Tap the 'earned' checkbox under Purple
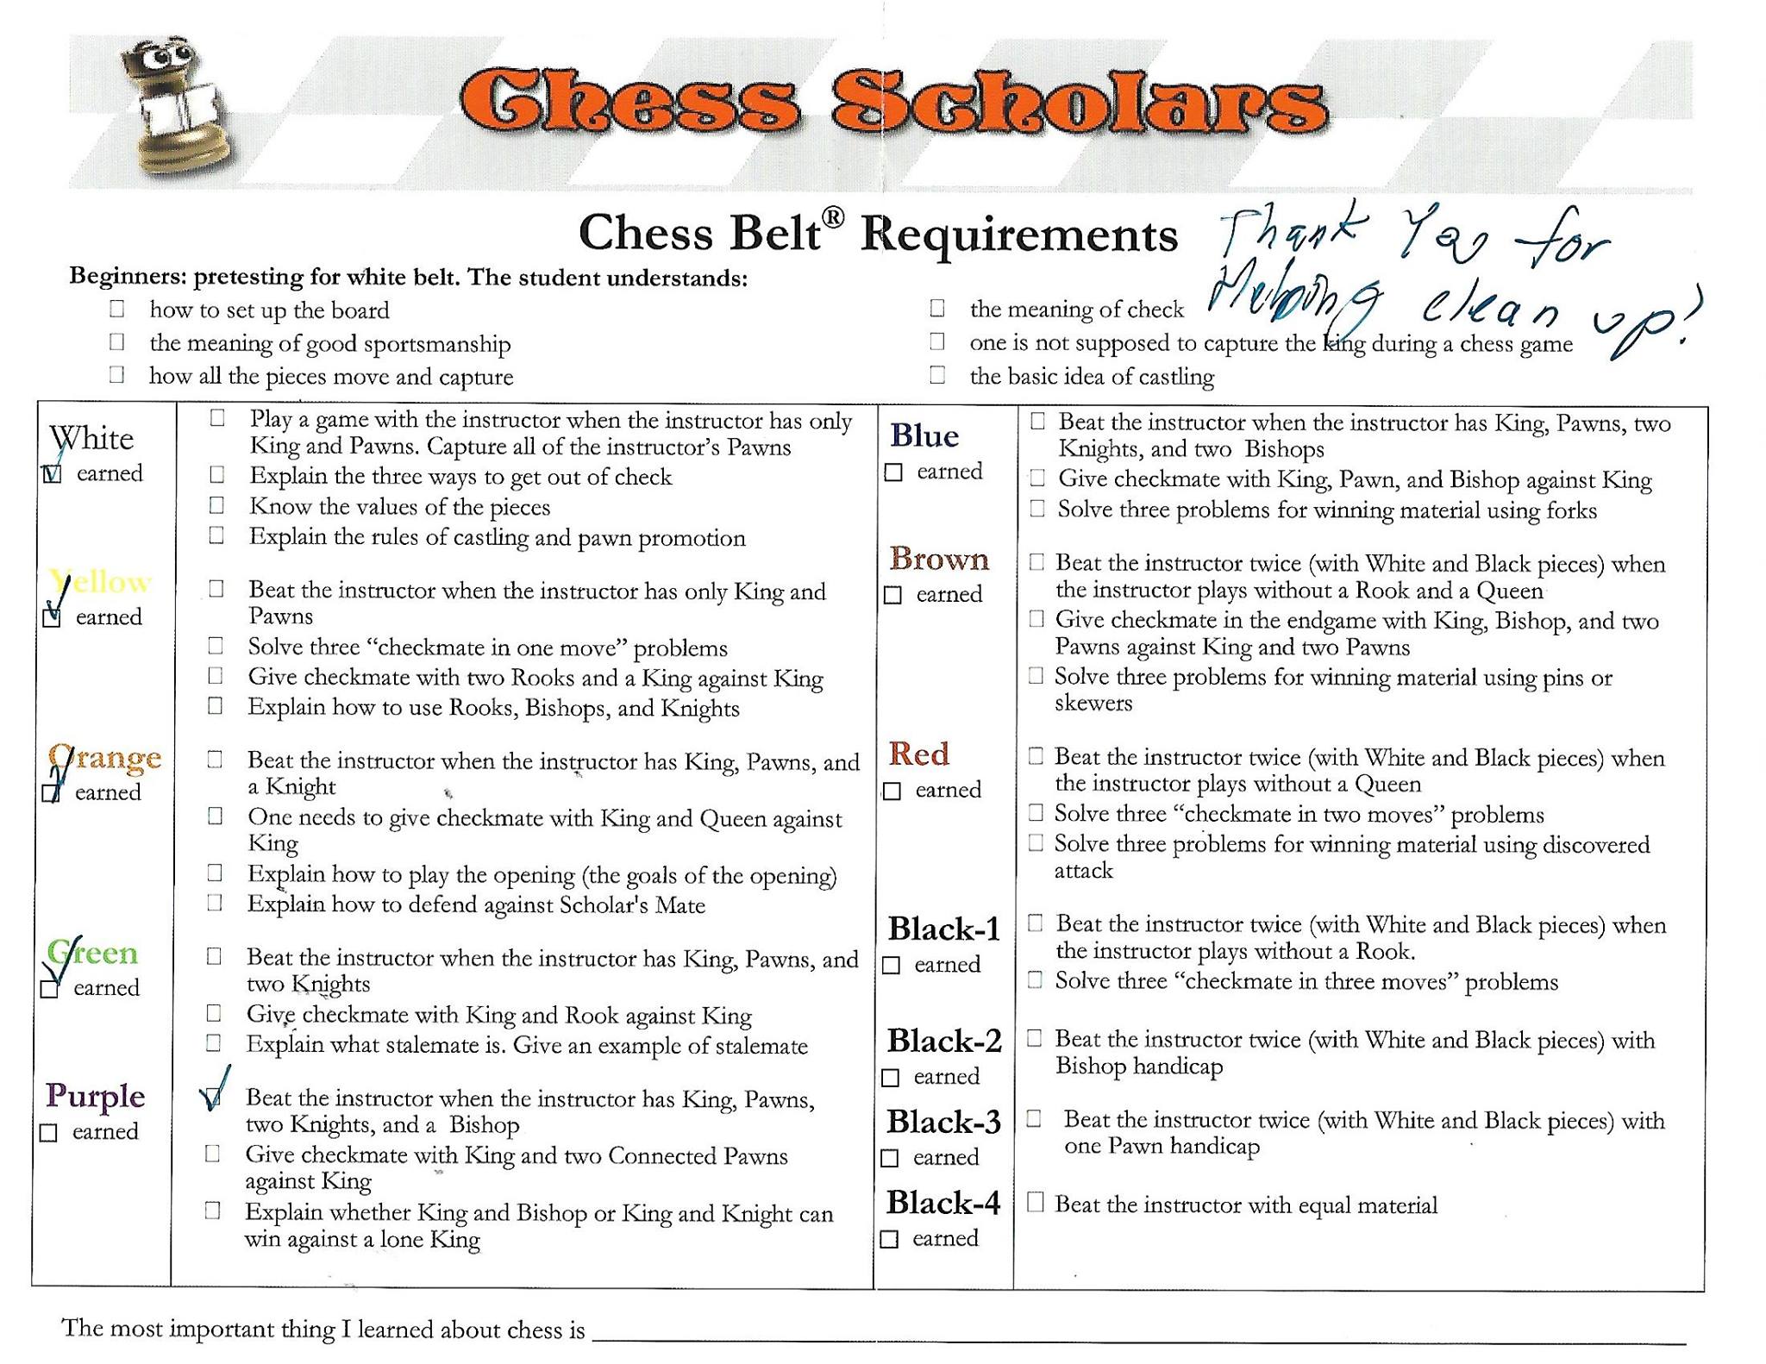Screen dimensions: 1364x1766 (x=49, y=1133)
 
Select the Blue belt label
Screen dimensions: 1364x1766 (x=924, y=436)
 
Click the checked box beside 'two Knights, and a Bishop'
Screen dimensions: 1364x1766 (x=211, y=1098)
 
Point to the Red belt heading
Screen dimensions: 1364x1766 (x=918, y=754)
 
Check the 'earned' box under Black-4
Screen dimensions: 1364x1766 (x=889, y=1240)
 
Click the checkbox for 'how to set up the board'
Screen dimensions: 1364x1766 (x=117, y=309)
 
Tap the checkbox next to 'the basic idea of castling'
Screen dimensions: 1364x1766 (x=937, y=375)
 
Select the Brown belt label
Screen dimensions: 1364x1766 (x=938, y=560)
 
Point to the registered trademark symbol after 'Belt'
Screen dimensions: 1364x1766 (x=832, y=217)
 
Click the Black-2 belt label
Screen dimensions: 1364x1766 (x=943, y=1042)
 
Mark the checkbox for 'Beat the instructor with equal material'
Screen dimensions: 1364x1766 (x=1036, y=1203)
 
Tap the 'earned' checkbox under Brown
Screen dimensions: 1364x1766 (x=893, y=596)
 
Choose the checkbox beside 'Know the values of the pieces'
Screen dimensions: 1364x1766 (x=216, y=505)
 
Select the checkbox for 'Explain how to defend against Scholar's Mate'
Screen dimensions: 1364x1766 (x=215, y=903)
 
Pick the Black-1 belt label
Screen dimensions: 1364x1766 (x=943, y=929)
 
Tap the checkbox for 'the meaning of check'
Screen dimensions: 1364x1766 (x=937, y=308)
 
